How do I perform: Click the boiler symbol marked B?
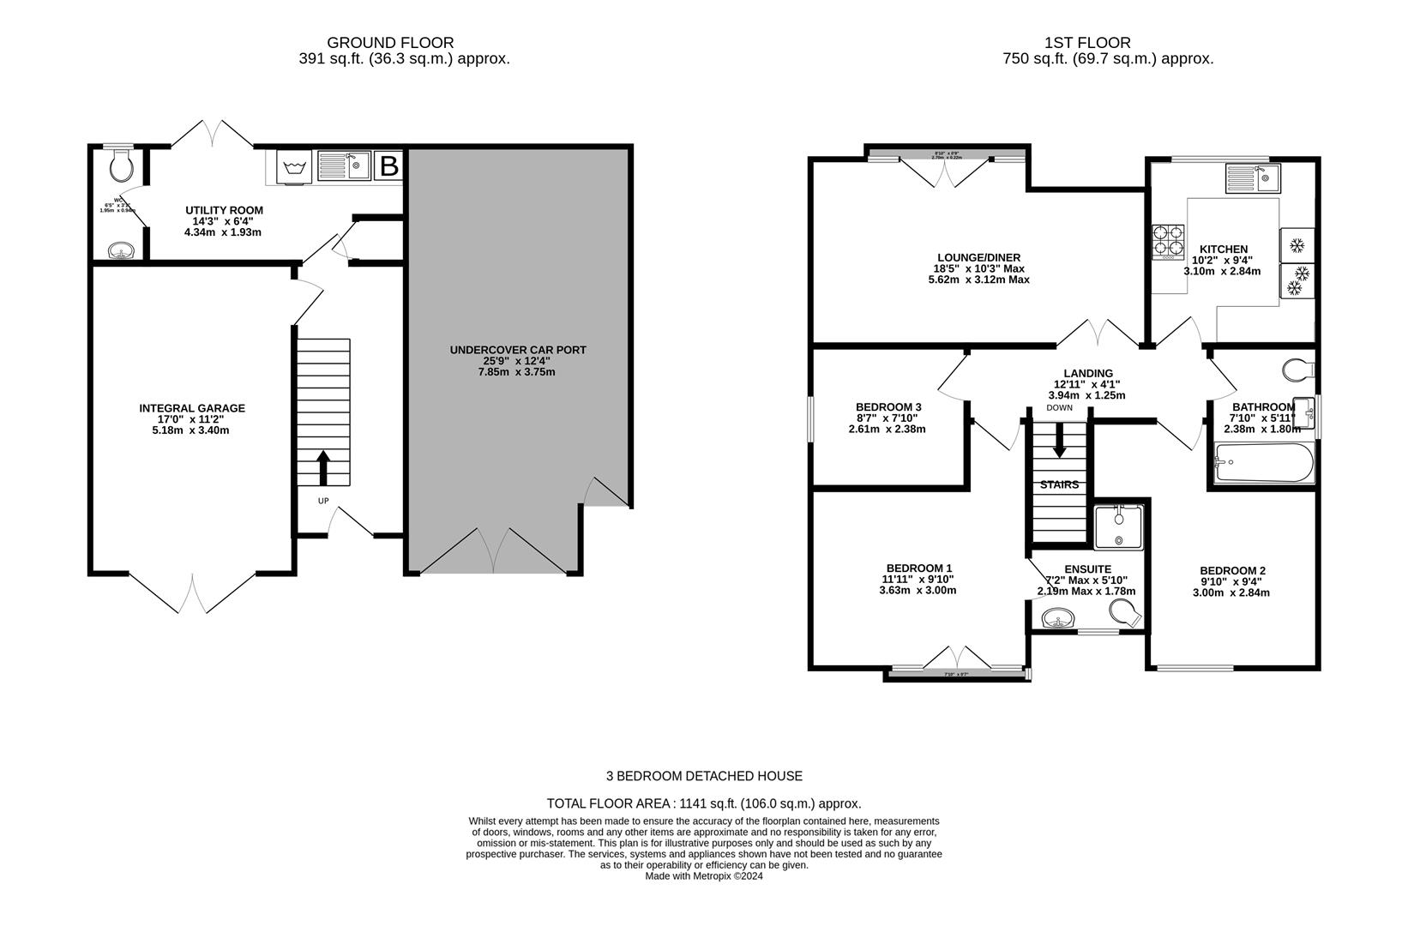tap(389, 166)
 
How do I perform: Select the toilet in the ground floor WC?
tap(121, 165)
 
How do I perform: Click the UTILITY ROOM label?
tap(224, 210)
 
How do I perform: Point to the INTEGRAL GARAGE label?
tap(192, 408)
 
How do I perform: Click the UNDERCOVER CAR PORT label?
tap(518, 350)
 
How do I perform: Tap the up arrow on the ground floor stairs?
tap(323, 468)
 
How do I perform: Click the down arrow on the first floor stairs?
tap(1059, 440)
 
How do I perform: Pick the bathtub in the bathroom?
tap(1264, 465)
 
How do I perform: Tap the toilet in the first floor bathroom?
tap(1297, 370)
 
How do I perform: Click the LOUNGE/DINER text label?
tap(978, 257)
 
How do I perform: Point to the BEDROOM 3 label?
tap(888, 406)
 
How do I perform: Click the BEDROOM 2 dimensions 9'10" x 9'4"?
tap(1234, 581)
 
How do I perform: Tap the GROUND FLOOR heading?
tap(390, 42)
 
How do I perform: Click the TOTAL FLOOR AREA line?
tap(703, 803)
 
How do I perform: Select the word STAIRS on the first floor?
tap(1059, 484)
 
